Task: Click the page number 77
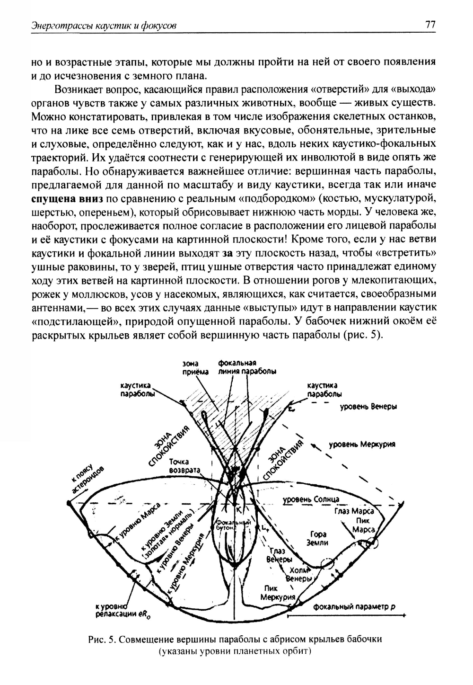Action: click(430, 25)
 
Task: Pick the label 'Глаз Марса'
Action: click(354, 511)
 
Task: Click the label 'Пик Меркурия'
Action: click(278, 593)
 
